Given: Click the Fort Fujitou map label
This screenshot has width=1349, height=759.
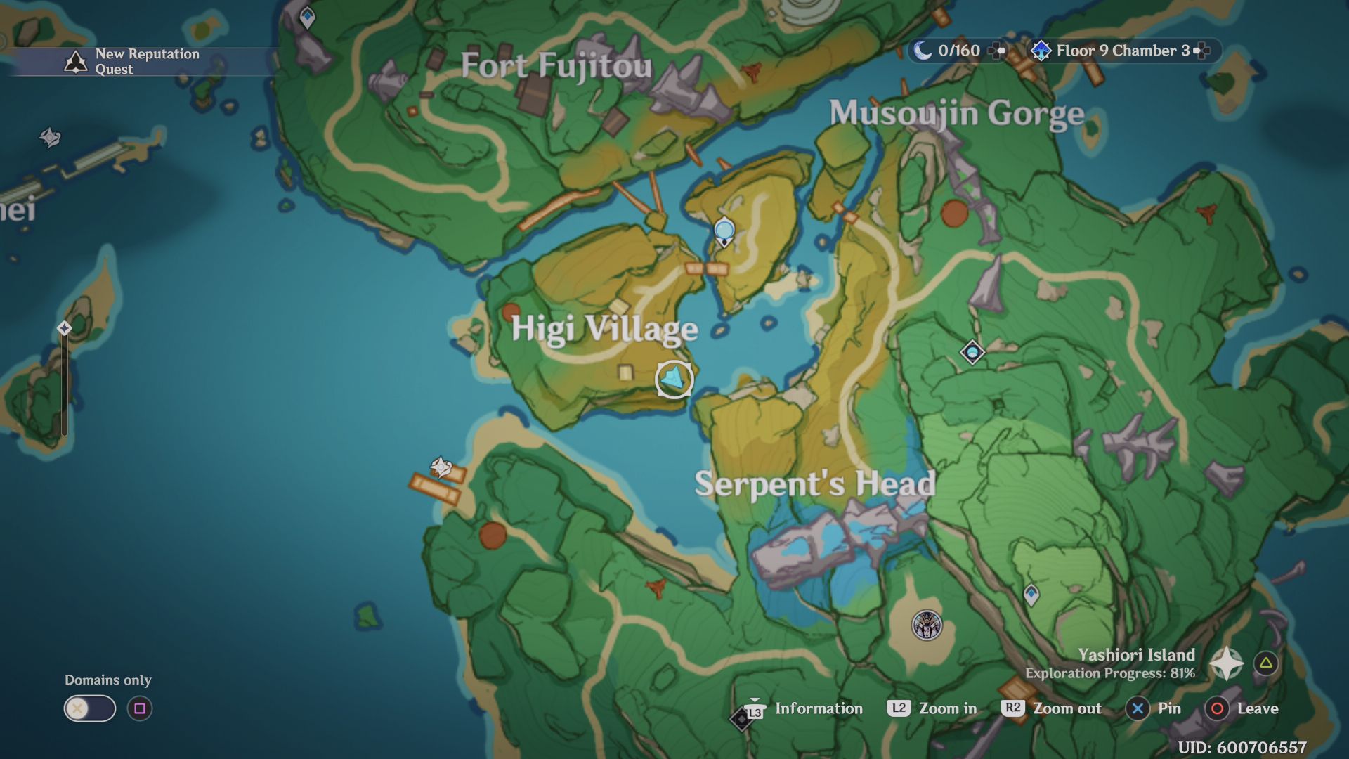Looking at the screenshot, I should (x=556, y=67).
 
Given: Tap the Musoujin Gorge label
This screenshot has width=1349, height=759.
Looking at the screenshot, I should (x=956, y=114).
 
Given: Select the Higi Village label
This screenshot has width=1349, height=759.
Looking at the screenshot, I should (x=604, y=329).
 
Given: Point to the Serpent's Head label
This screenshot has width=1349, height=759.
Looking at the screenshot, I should (x=815, y=484).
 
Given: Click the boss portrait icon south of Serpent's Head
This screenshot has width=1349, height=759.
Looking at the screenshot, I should (x=927, y=625).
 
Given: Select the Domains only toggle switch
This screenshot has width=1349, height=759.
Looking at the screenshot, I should (x=90, y=708).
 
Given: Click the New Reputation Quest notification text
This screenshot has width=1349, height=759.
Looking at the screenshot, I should (x=147, y=62).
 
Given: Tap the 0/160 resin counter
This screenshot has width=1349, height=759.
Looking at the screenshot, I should (x=958, y=51).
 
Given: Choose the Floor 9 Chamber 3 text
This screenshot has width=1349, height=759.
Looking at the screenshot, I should (x=1123, y=51).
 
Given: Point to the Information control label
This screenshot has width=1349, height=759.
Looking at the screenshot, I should (x=819, y=708).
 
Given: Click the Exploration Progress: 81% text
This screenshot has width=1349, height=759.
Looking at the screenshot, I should (x=1110, y=673).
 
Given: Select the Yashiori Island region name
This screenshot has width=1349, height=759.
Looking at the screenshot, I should (x=1136, y=655).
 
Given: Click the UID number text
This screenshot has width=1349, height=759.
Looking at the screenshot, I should (x=1242, y=747).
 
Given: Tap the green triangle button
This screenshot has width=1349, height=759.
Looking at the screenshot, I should (x=1266, y=663).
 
